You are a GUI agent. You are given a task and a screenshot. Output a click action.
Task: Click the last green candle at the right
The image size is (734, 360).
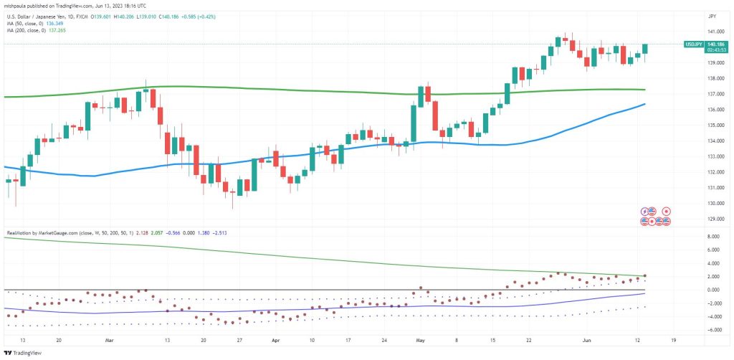click(x=645, y=48)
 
